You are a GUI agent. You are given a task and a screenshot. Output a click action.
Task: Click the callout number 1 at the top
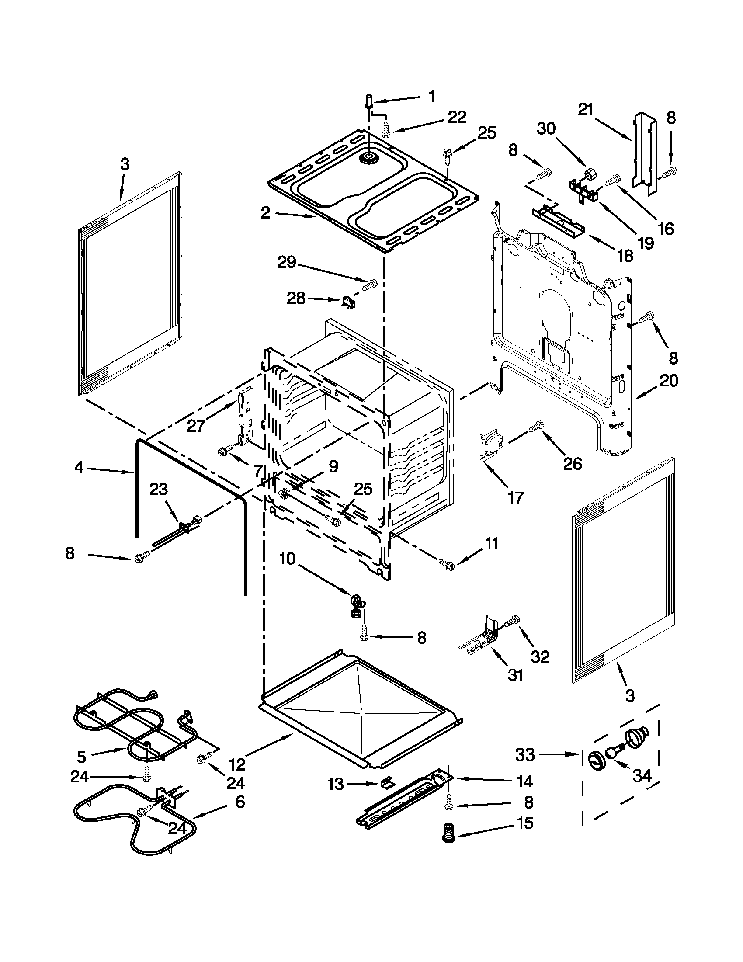(x=432, y=96)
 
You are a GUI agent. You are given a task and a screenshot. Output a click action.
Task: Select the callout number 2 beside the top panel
(x=265, y=213)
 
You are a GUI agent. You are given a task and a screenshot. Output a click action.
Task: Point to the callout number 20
(x=669, y=380)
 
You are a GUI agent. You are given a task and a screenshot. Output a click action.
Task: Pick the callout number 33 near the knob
(x=525, y=754)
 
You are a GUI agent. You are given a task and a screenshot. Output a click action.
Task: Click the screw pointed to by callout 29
(x=370, y=284)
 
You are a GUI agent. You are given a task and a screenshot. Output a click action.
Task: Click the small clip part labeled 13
(x=386, y=783)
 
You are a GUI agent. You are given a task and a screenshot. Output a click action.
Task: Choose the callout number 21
(x=586, y=110)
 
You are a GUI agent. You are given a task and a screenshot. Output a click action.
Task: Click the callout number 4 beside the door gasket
(x=79, y=468)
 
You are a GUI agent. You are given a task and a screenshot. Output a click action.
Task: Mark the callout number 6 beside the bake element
(x=239, y=802)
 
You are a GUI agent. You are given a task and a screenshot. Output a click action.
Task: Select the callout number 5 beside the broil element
(x=81, y=757)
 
